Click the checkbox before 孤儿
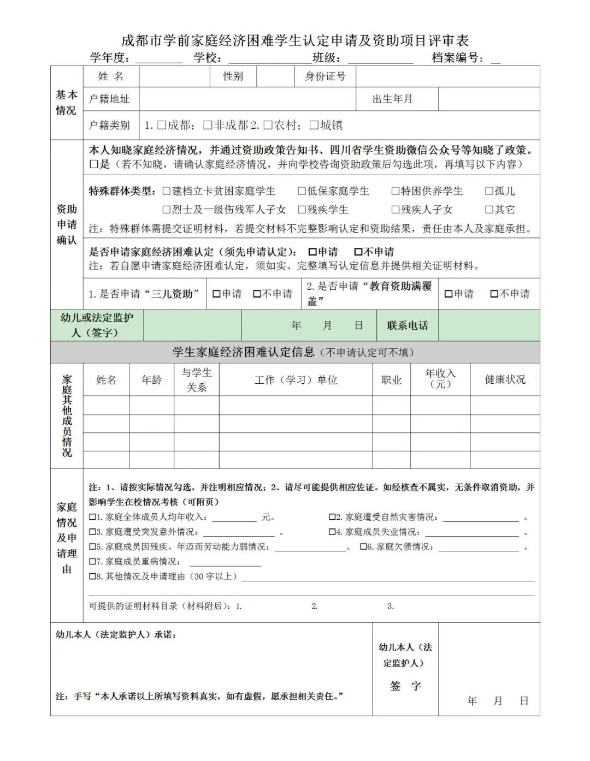(489, 191)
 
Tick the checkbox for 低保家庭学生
(302, 191)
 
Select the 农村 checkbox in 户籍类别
(268, 125)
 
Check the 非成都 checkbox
(208, 125)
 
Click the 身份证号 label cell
(325, 76)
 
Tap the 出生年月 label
(392, 99)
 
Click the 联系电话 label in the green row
(408, 325)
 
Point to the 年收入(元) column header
(440, 378)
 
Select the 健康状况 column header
(505, 379)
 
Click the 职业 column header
(391, 380)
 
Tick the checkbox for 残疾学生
(302, 210)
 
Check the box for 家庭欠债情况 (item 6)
(363, 546)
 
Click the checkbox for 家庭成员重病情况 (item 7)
(92, 561)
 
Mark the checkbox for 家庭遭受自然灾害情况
(332, 517)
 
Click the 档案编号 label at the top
(457, 57)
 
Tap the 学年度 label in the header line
(110, 57)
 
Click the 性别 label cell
(233, 76)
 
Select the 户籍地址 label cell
(110, 99)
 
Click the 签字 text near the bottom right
(405, 686)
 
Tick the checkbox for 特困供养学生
(396, 191)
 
